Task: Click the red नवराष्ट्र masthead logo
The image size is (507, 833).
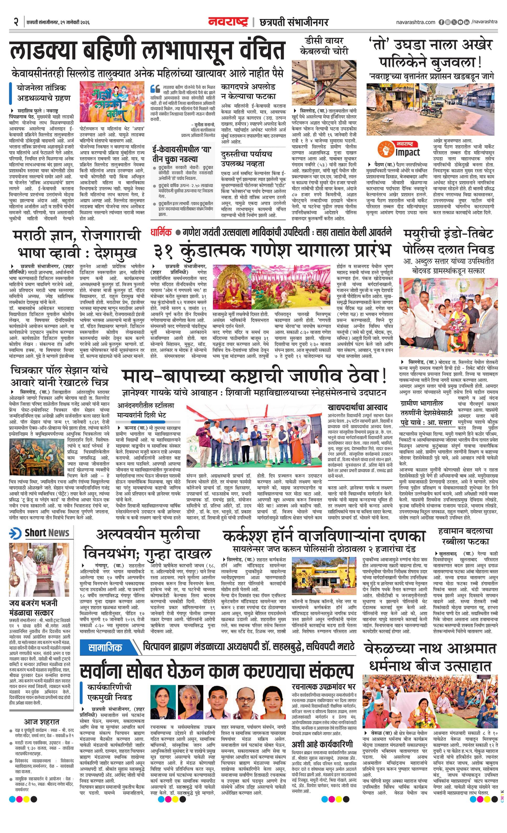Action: (x=228, y=22)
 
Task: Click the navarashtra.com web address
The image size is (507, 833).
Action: (x=415, y=22)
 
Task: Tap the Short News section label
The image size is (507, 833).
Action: (x=47, y=533)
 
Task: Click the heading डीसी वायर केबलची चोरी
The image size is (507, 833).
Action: (x=324, y=46)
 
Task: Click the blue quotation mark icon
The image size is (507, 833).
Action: (x=155, y=88)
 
